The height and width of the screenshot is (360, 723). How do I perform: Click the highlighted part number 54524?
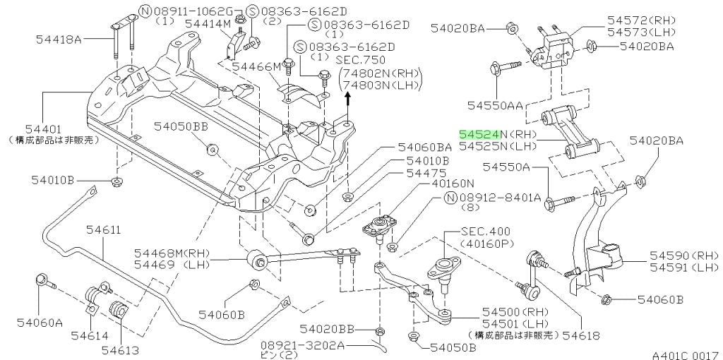point(479,133)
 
